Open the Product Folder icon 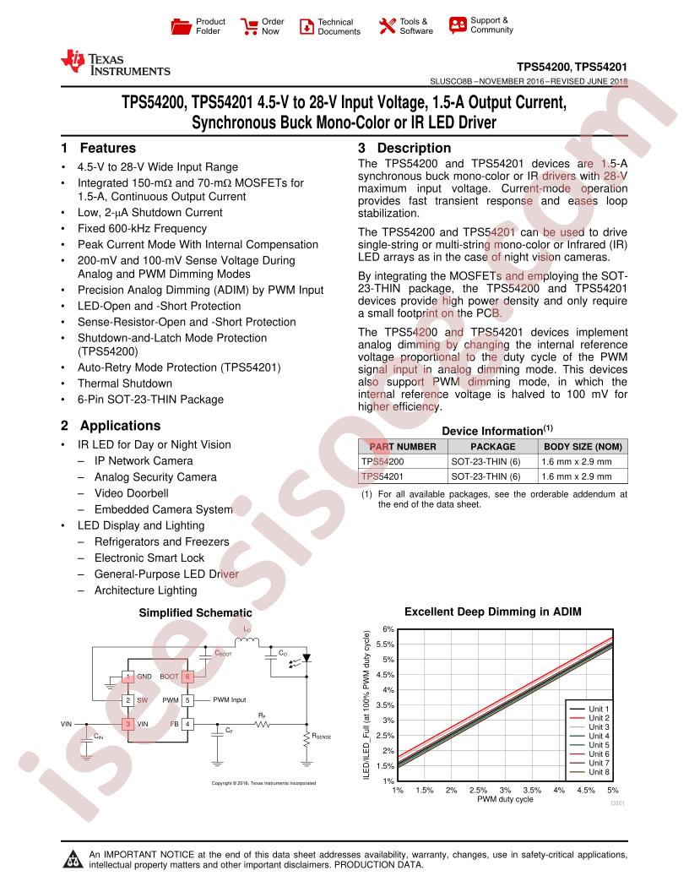click(x=181, y=26)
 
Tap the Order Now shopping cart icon click(x=250, y=26)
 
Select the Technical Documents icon click(x=306, y=26)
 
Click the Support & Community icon click(x=458, y=24)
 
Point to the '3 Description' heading click(x=397, y=148)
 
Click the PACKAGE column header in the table click(x=492, y=447)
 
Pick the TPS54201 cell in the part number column click(x=382, y=477)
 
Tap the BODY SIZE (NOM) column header click(x=582, y=447)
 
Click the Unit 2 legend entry click(x=599, y=718)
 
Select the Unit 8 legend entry click(x=599, y=772)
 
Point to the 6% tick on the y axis click(x=388, y=629)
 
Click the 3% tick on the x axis click(x=505, y=790)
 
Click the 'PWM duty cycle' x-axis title click(x=505, y=799)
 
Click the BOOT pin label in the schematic click(x=169, y=677)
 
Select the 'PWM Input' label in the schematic click(x=229, y=700)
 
